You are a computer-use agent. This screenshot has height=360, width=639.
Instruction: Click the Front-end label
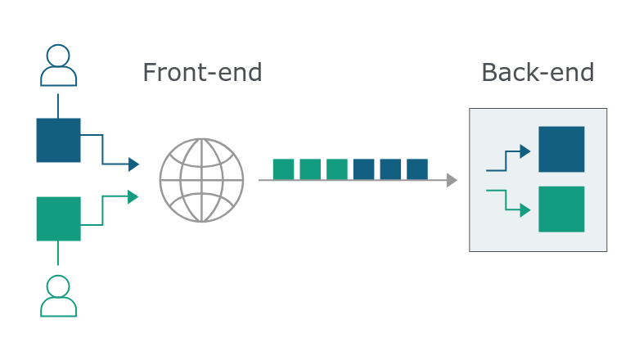click(202, 73)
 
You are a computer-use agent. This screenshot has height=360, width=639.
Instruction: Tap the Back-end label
click(538, 73)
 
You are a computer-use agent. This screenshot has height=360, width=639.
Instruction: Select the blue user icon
click(58, 65)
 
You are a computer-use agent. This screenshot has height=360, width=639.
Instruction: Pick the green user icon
click(58, 296)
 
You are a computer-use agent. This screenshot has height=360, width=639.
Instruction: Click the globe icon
click(202, 180)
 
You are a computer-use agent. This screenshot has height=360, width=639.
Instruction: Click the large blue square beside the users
click(58, 140)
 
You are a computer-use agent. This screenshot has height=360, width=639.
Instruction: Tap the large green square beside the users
click(58, 219)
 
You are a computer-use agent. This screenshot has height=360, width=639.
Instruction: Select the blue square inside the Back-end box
click(561, 149)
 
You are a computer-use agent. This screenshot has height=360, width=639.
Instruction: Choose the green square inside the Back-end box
click(561, 209)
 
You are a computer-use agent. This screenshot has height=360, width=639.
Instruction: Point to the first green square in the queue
click(283, 169)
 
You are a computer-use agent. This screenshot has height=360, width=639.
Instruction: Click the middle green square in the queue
click(310, 169)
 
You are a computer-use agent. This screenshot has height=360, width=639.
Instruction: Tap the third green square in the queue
click(337, 169)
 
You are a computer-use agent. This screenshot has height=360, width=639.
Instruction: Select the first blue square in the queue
click(363, 169)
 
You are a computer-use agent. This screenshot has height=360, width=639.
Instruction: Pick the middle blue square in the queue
click(390, 169)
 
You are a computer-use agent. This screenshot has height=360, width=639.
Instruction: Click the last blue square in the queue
click(417, 169)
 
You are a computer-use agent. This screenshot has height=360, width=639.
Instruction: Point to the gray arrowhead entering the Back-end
click(452, 180)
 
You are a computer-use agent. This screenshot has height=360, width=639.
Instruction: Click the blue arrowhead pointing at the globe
click(133, 164)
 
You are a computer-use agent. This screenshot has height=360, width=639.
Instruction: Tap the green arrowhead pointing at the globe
click(133, 197)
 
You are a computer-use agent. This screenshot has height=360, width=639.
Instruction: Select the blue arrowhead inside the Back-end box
click(525, 151)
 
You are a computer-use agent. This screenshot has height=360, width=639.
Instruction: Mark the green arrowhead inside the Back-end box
click(525, 210)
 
